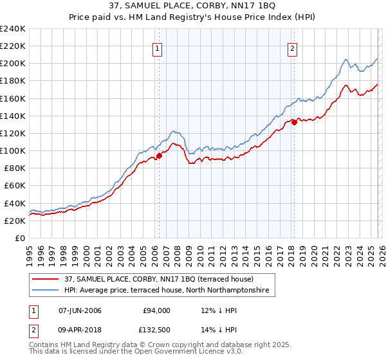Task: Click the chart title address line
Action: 193,6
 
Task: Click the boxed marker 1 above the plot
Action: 158,47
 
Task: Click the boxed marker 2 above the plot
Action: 292,47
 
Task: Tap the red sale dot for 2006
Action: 159,155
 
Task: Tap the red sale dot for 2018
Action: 294,122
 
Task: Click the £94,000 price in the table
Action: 156,310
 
